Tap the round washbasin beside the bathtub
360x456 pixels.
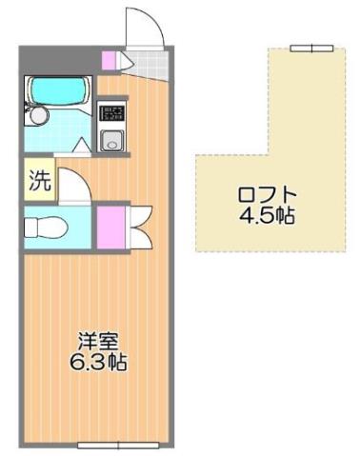pos(37,115)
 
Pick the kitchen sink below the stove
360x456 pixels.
pos(112,142)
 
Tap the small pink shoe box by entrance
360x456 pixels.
pos(109,60)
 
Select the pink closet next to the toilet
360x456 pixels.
pos(110,226)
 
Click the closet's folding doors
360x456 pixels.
pos(133,226)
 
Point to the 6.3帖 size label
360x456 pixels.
pos(93,362)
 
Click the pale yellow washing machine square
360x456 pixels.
pos(38,182)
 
